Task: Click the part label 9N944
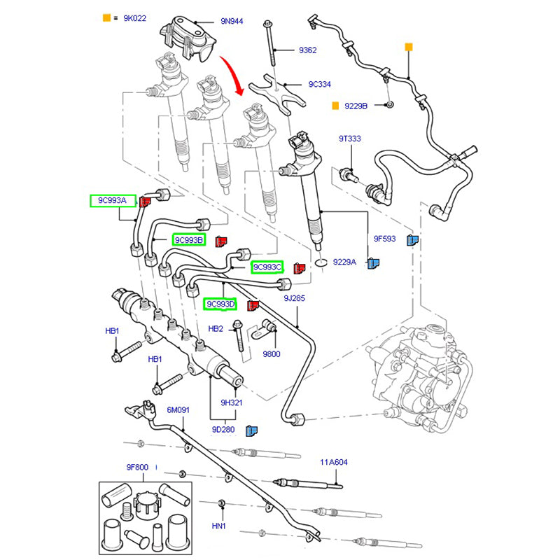pyautogui.click(x=232, y=22)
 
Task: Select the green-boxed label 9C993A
pyautogui.click(x=112, y=201)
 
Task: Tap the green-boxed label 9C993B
pyautogui.click(x=189, y=240)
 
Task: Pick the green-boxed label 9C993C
pyautogui.click(x=267, y=267)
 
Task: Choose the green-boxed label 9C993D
pyautogui.click(x=220, y=304)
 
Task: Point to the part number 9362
pyautogui.click(x=307, y=50)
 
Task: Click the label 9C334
pyautogui.click(x=320, y=84)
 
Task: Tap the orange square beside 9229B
pyautogui.click(x=336, y=106)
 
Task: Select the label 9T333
pyautogui.click(x=350, y=139)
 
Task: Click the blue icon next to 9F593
pyautogui.click(x=412, y=239)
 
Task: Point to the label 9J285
pyautogui.click(x=294, y=299)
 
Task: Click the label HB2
pyautogui.click(x=216, y=328)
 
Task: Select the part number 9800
pyautogui.click(x=272, y=353)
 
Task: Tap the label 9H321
pyautogui.click(x=231, y=402)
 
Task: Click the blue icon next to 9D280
pyautogui.click(x=251, y=430)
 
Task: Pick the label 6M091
pyautogui.click(x=178, y=410)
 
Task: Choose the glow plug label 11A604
pyautogui.click(x=335, y=463)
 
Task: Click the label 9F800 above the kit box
pyautogui.click(x=137, y=466)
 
